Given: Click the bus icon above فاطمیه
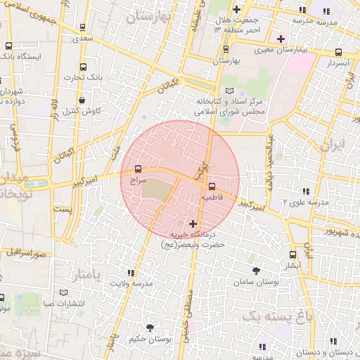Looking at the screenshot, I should point(212,186).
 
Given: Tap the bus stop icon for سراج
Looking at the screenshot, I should point(137,169).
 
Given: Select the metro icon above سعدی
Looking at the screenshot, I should point(84,29).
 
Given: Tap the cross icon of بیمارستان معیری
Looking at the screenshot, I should point(281,38).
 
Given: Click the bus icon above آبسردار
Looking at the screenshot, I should point(339,51).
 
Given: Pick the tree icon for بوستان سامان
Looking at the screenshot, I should point(255,270).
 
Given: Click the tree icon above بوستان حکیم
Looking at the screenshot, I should point(149,328).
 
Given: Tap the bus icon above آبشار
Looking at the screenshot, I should point(292,255).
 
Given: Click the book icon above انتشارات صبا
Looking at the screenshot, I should point(64,292).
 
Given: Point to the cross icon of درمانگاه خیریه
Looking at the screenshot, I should point(193,224).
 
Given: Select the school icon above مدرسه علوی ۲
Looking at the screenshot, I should point(306,191).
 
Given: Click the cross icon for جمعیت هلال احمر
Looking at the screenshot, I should point(236,10).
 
